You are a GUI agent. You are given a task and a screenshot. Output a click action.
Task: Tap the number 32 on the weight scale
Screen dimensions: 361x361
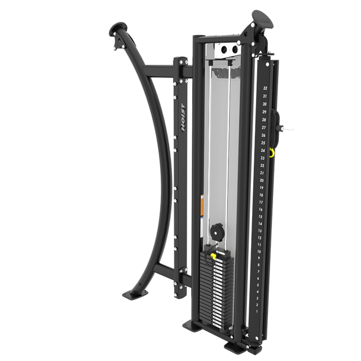point(265,89)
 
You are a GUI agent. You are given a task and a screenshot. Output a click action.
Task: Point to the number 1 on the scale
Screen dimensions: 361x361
point(257,310)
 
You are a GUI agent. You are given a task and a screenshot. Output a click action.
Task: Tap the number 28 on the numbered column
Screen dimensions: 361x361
point(264,120)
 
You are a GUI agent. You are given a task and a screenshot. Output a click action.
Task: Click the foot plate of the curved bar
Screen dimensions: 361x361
point(131,294)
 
